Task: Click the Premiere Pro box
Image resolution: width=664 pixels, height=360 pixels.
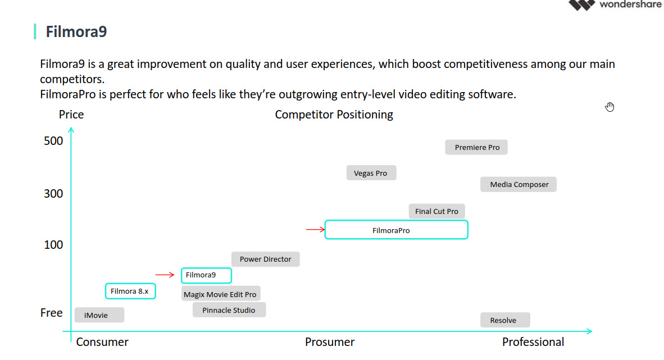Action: click(x=476, y=147)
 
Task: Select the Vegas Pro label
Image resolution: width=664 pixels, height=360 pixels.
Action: click(x=371, y=173)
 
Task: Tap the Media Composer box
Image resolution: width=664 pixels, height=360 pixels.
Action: click(x=519, y=184)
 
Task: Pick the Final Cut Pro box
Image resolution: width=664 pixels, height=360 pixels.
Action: click(x=436, y=211)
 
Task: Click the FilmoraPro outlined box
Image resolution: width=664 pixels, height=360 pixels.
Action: click(x=396, y=230)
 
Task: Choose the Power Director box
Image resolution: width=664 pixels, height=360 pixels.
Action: click(x=265, y=259)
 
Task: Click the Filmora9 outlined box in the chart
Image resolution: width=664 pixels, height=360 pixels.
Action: click(x=206, y=275)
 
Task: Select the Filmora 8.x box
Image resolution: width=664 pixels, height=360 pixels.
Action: click(x=130, y=291)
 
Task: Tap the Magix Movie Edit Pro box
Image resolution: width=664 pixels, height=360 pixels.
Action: click(x=221, y=294)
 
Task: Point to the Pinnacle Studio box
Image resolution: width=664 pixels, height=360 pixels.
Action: click(x=229, y=310)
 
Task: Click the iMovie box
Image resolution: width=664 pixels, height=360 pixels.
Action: click(x=99, y=315)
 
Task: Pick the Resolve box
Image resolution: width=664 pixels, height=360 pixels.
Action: click(x=505, y=320)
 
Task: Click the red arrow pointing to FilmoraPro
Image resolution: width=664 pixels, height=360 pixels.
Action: click(x=315, y=229)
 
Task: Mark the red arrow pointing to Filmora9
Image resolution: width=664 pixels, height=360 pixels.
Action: click(x=165, y=275)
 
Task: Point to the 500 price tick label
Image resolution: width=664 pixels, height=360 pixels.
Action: click(x=53, y=140)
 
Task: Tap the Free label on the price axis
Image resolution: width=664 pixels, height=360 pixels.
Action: click(x=52, y=313)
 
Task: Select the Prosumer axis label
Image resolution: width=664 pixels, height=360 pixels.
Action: click(x=330, y=342)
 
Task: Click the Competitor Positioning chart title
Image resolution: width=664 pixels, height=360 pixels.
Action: click(x=334, y=115)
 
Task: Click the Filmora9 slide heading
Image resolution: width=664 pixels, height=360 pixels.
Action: click(x=76, y=31)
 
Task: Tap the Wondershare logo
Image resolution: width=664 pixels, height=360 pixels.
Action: click(x=615, y=4)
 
